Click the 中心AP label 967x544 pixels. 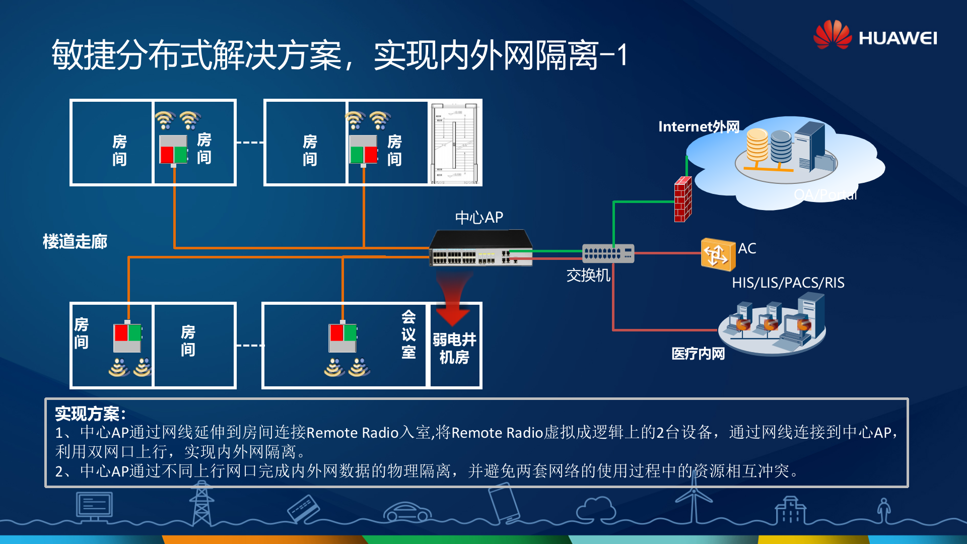click(x=478, y=218)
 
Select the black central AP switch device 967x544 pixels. click(x=480, y=248)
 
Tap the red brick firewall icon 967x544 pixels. click(x=682, y=199)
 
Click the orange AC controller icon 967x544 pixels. click(x=718, y=254)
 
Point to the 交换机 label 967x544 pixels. click(x=588, y=275)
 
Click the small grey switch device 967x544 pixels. click(x=607, y=253)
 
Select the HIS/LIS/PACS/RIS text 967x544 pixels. click(x=788, y=283)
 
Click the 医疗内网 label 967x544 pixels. click(x=698, y=354)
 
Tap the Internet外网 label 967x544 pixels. click(x=698, y=126)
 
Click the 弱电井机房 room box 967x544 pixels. click(x=454, y=348)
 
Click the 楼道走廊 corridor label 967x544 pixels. click(x=75, y=242)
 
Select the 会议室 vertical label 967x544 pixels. click(x=408, y=334)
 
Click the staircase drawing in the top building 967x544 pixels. click(x=454, y=143)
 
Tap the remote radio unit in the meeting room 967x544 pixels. click(x=342, y=337)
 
